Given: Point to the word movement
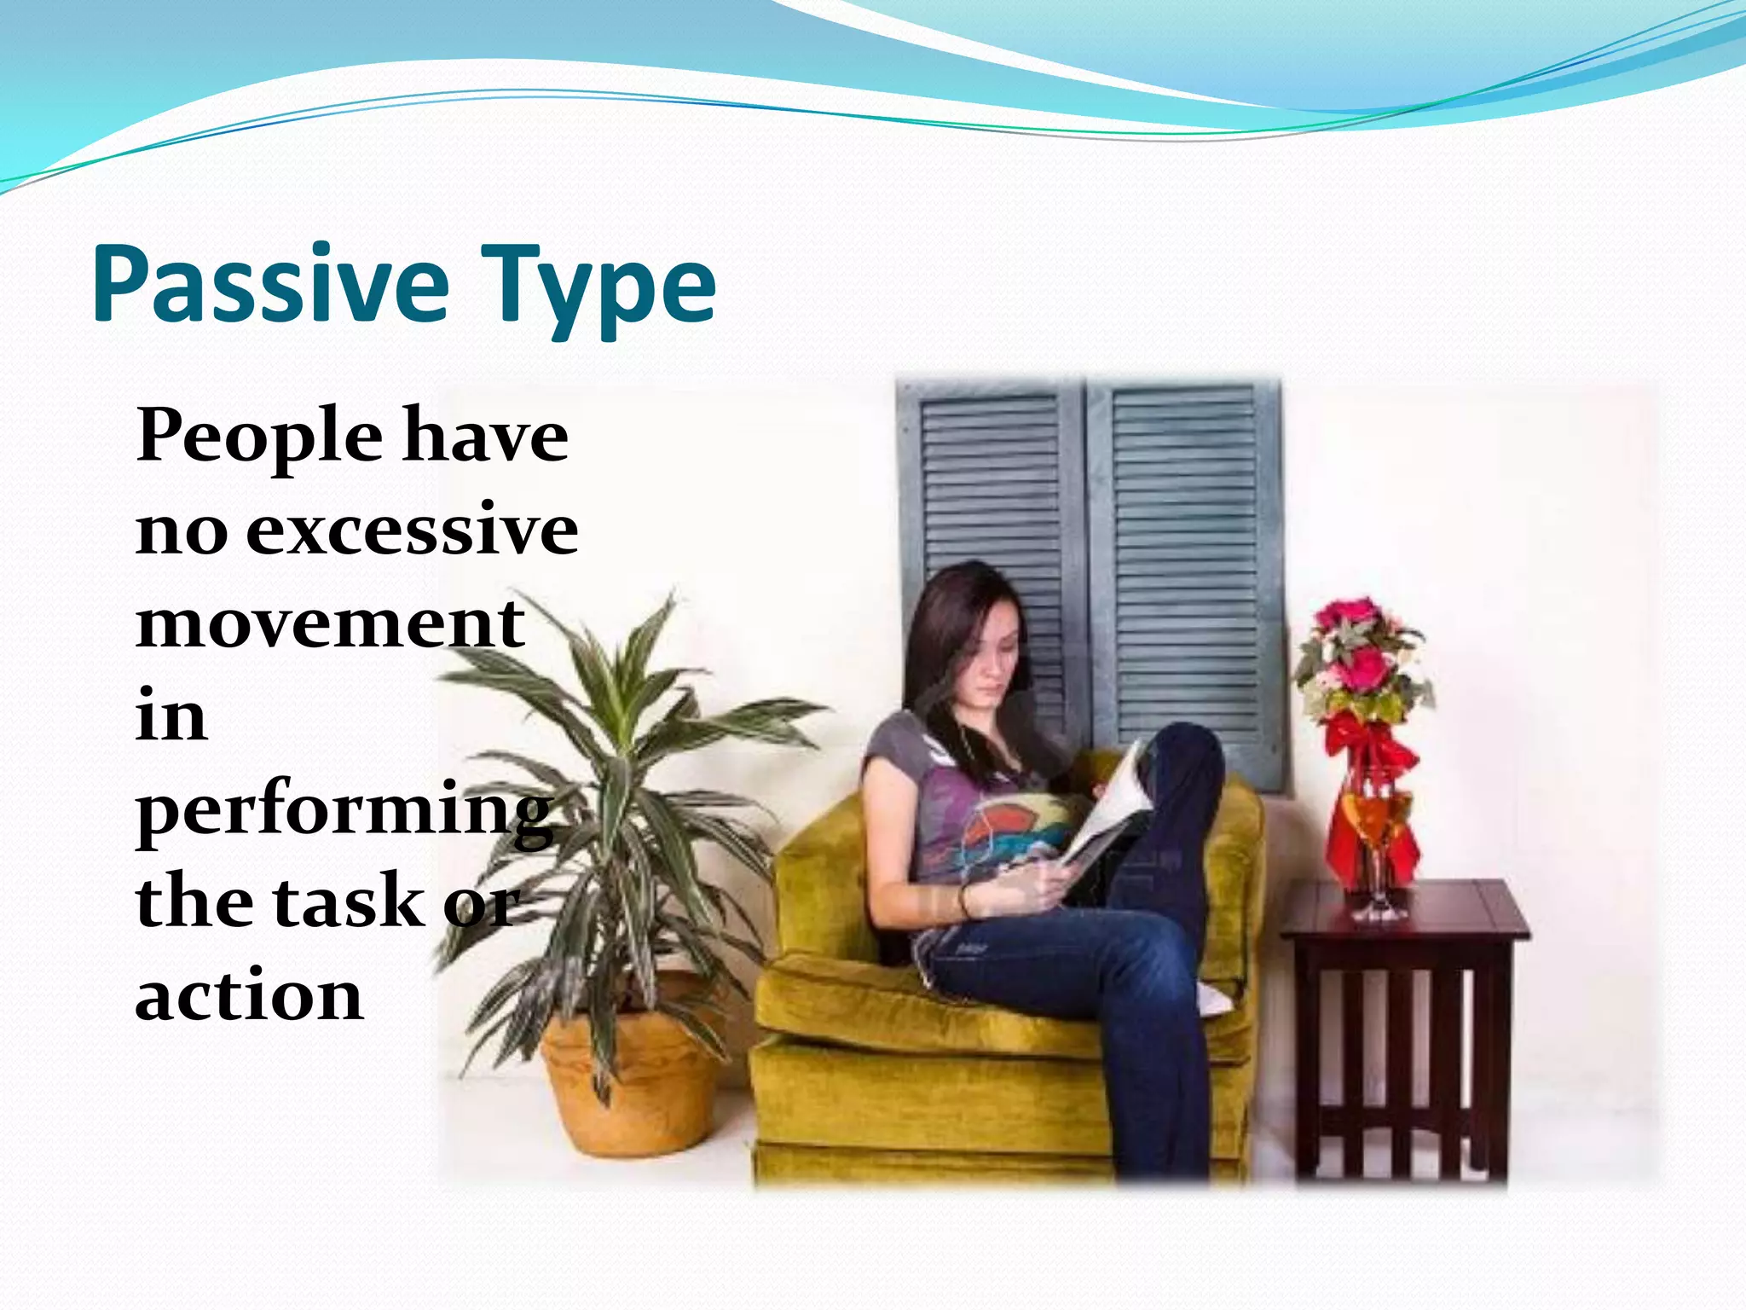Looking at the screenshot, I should point(330,623).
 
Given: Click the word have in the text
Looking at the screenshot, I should point(485,437).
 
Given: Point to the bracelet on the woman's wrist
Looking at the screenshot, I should point(964,900).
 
